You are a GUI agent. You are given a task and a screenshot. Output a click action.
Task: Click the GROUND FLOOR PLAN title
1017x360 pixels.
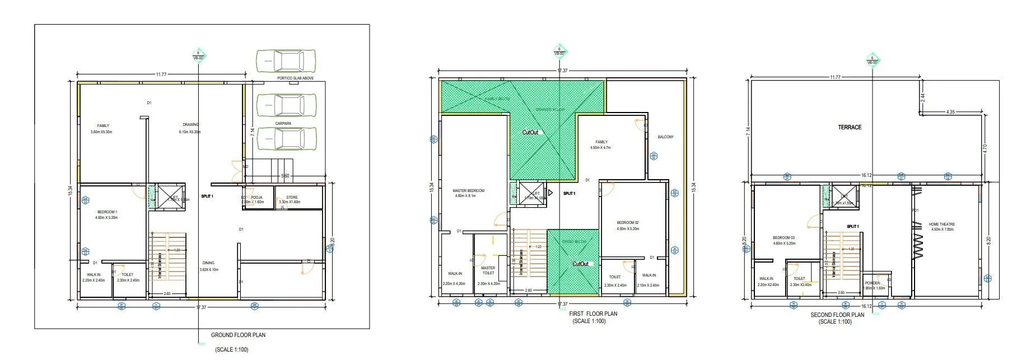[238, 335]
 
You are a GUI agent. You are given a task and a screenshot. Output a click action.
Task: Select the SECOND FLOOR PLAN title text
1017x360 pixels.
[837, 315]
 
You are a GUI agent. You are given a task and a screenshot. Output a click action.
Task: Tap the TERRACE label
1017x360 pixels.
[850, 128]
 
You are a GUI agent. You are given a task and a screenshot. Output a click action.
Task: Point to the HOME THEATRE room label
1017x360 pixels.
[941, 225]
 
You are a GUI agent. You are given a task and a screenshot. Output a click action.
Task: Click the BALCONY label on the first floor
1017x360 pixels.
[666, 137]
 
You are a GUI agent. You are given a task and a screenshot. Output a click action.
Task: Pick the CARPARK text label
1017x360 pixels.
[283, 124]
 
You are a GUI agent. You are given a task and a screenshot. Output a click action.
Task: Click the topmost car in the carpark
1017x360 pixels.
[286, 60]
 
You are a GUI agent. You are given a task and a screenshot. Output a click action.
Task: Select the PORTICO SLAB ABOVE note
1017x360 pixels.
[295, 78]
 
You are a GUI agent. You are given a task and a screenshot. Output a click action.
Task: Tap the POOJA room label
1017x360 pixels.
[257, 198]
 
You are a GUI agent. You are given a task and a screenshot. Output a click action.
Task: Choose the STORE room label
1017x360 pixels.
[292, 198]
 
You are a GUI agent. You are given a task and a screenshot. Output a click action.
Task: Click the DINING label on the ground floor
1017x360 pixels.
[208, 263]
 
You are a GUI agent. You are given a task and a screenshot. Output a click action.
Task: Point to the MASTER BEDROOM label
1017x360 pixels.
[468, 191]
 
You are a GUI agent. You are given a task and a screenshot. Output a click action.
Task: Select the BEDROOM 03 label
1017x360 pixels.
[783, 238]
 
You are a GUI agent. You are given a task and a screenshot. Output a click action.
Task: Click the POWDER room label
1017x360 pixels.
[872, 283]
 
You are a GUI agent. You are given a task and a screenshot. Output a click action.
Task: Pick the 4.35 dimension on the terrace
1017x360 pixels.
[950, 112]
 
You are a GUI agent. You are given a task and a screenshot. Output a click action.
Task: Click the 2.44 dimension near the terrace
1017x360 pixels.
[922, 97]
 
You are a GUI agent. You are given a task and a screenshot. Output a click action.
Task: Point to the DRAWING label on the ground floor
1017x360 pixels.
[190, 125]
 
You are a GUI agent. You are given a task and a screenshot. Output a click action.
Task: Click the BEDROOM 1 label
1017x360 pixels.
[106, 212]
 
